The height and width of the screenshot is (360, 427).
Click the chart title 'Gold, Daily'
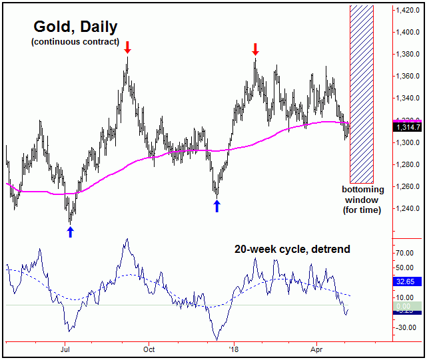coord(75,27)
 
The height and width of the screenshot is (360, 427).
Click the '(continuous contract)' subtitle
coord(75,43)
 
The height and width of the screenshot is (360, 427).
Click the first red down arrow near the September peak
coord(127,47)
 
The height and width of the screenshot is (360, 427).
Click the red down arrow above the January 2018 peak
coord(255,49)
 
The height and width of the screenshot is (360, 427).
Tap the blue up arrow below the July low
coord(71,231)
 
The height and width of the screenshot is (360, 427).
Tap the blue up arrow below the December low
coord(216,206)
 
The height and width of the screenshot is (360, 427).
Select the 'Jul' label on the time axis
coord(65,348)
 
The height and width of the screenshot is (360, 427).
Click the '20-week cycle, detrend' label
coord(292,250)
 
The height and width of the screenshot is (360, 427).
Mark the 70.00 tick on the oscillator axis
coord(404,253)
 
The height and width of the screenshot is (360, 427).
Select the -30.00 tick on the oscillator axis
coord(404,327)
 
